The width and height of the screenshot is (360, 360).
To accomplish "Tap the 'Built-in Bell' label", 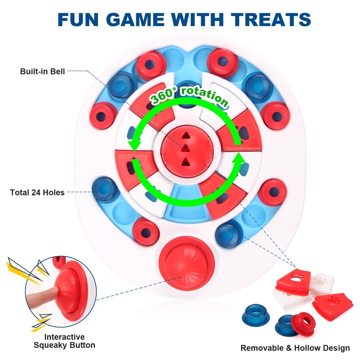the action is click(43, 71).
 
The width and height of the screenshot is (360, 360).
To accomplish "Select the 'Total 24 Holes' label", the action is click(37, 193).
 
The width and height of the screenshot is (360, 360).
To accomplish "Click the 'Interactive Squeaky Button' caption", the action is click(64, 341).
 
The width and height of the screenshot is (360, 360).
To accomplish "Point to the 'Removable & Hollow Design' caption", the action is click(295, 348).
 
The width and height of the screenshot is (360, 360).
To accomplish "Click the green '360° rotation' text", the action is click(189, 97).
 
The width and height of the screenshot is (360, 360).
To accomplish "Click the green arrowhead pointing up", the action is click(239, 158).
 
